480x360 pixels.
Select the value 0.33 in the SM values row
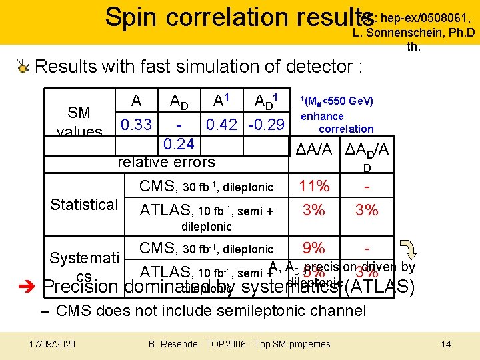pyautogui.click(x=136, y=124)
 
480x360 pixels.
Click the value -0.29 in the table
pyautogui.click(x=266, y=124)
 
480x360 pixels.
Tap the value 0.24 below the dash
pyautogui.click(x=179, y=143)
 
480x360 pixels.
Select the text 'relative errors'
pyautogui.click(x=166, y=161)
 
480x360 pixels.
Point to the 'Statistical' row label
pyautogui.click(x=84, y=204)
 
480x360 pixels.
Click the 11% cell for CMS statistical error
pyautogui.click(x=314, y=187)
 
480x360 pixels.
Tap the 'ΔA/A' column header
pyautogui.click(x=314, y=150)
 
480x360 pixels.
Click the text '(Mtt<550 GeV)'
pyautogui.click(x=339, y=101)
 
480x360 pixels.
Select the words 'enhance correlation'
pyautogui.click(x=337, y=123)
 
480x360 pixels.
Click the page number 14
pyautogui.click(x=446, y=344)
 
